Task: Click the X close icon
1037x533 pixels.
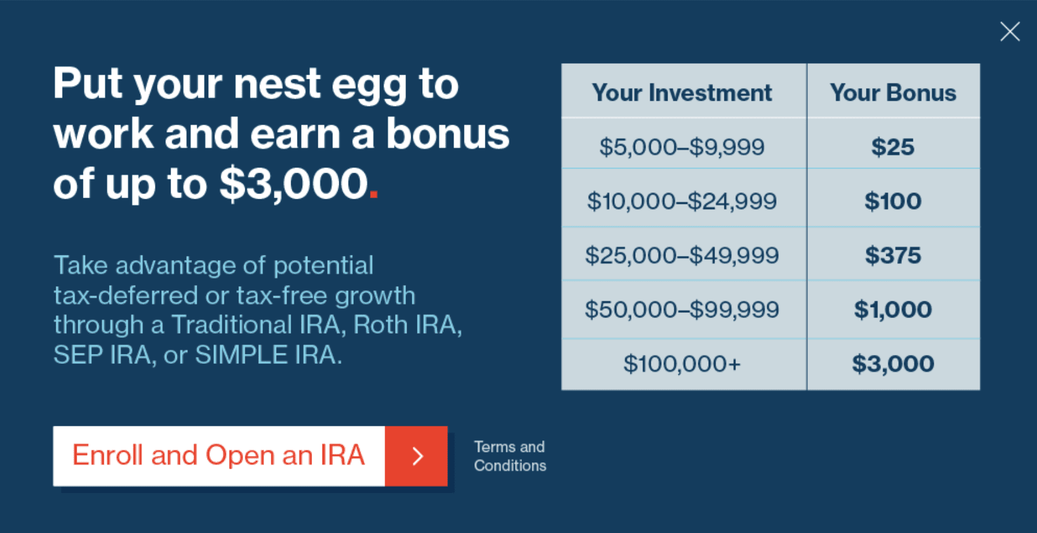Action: [1010, 31]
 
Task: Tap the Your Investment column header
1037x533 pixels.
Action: [681, 93]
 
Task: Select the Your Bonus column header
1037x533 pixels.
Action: [893, 93]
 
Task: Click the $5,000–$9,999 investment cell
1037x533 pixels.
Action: [681, 147]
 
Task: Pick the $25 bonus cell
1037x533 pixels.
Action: [893, 147]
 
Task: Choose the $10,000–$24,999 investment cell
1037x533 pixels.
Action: [681, 201]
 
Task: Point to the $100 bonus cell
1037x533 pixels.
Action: [893, 201]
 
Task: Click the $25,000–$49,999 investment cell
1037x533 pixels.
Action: [681, 255]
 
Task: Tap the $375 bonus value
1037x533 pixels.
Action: [893, 255]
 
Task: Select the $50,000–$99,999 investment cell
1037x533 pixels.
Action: [681, 309]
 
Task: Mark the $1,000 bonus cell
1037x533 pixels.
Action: [893, 309]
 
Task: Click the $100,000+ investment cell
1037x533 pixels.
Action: [681, 364]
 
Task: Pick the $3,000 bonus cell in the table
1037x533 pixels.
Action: [893, 364]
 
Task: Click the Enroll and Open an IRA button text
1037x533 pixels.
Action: [219, 455]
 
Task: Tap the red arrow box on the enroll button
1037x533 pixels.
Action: [416, 456]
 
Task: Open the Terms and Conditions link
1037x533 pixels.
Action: [510, 456]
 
